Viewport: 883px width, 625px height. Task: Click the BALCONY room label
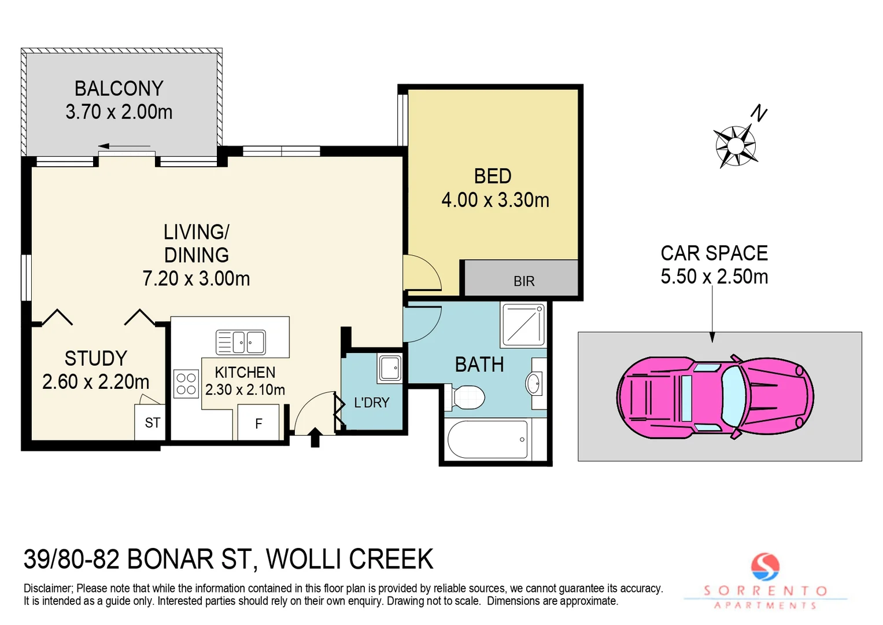[119, 89]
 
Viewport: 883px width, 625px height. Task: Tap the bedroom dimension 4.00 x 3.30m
[495, 200]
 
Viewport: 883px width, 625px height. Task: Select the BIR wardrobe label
[524, 281]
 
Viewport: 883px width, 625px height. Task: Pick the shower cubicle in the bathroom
[523, 325]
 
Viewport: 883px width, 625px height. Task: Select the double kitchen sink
[241, 342]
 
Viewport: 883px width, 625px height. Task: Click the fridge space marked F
[258, 424]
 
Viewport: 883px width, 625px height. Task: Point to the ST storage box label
[153, 423]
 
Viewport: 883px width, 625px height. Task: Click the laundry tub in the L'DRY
[390, 367]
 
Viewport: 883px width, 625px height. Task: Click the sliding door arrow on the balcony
[124, 146]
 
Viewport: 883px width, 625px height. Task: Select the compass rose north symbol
[736, 145]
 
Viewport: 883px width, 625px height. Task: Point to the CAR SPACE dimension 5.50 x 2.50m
[714, 277]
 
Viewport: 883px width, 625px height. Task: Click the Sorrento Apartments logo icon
[765, 567]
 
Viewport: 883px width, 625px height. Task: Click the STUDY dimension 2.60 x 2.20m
[96, 382]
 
